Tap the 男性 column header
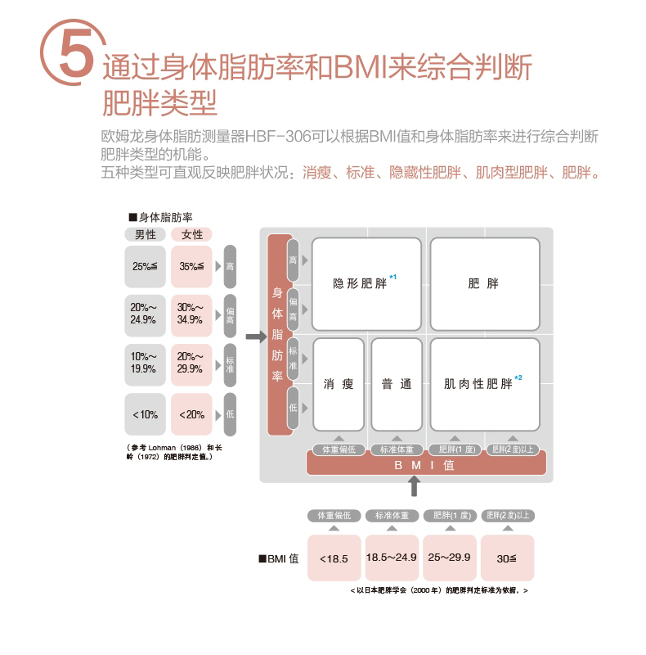point(146,235)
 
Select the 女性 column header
point(192,235)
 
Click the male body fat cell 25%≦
point(146,266)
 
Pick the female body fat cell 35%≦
point(192,266)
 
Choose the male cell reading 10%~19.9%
point(146,363)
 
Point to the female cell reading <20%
point(192,414)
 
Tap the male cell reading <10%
point(146,414)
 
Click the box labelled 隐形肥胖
point(366,284)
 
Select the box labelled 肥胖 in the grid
point(484,284)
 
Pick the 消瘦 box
point(339,384)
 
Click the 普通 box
point(397,384)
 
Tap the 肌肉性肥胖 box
point(484,384)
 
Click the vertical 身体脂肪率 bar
point(278,335)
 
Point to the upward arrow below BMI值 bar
point(415,486)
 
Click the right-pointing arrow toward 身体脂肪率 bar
point(256,336)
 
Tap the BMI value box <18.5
point(334,558)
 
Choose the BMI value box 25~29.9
point(450,558)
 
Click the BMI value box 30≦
point(507,558)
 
